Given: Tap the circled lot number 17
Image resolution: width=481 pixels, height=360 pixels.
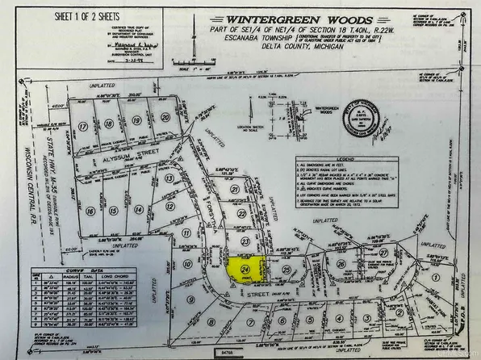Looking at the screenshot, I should [83, 125].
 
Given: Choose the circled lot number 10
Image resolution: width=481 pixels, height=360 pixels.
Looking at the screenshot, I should [187, 263].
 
